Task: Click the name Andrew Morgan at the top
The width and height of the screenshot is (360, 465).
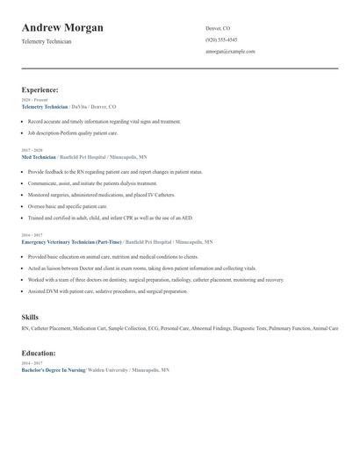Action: [x=62, y=27]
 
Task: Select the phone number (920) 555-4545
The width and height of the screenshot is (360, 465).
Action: [x=221, y=39]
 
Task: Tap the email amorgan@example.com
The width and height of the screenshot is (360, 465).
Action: [x=230, y=52]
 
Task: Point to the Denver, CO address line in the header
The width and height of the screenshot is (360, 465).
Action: [x=218, y=28]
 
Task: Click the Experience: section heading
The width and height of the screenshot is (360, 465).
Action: [x=40, y=89]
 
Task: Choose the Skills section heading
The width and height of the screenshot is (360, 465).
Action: [x=30, y=317]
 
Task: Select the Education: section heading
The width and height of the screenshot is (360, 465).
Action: [x=39, y=353]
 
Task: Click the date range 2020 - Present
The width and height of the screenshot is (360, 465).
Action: [x=34, y=100]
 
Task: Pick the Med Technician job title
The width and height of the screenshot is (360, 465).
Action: [x=39, y=157]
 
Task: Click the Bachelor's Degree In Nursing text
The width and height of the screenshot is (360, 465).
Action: [x=53, y=371]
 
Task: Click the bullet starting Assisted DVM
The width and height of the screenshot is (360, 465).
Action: [x=107, y=291]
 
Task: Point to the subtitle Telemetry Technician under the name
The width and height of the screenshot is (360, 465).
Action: [x=47, y=42]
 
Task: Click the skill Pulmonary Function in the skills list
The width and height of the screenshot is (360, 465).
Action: [x=289, y=328]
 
